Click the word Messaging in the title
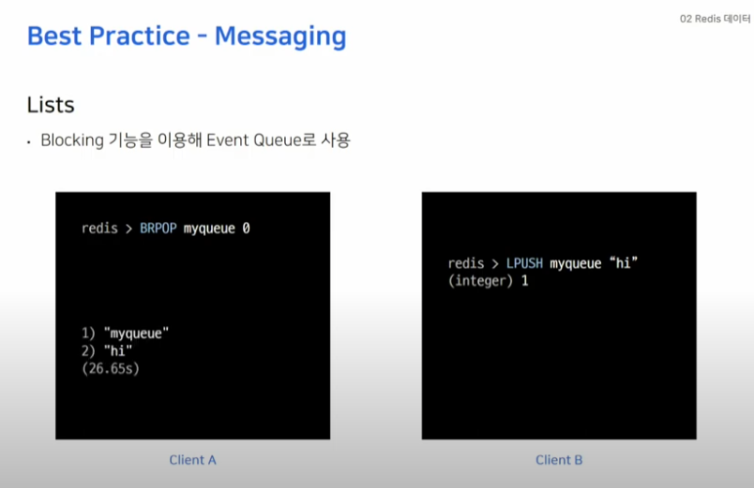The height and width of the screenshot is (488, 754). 280,37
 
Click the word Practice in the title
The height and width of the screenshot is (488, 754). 140,36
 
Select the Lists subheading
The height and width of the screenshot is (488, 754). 51,105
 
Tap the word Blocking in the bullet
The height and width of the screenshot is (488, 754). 72,140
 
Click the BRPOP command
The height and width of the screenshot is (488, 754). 158,229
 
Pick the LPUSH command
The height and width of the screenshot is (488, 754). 524,263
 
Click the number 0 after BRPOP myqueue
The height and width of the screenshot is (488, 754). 246,229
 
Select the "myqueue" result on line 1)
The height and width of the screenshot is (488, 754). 137,333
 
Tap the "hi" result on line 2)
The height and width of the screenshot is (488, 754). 118,351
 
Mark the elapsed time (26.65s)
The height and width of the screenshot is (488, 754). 111,368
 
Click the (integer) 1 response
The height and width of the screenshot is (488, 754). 488,280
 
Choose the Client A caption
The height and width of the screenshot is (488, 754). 193,460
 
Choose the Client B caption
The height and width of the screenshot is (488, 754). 559,460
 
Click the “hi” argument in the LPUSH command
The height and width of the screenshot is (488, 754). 624,262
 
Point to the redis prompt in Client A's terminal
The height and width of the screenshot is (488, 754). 99,229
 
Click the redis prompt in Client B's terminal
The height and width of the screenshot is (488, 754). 466,263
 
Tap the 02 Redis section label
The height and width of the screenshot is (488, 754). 701,19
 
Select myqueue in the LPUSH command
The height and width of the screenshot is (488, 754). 576,264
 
